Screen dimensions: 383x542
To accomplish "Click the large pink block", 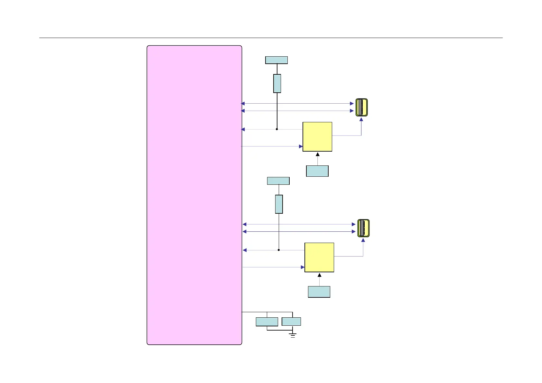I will (194, 195).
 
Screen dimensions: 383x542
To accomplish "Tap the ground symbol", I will (293, 335).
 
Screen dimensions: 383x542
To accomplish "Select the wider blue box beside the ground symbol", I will (267, 322).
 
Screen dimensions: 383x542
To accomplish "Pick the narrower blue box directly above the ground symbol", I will (291, 321).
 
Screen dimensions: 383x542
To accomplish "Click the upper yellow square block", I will (317, 136).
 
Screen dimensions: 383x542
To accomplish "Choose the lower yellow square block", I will (319, 257).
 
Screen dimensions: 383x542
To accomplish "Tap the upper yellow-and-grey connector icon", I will (361, 107).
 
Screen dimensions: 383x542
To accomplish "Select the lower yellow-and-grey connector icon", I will (363, 228).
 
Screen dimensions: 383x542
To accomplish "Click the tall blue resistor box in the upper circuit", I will (277, 83).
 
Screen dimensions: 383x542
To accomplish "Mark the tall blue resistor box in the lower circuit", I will (279, 204).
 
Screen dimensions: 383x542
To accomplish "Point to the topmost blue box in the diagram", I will (276, 60).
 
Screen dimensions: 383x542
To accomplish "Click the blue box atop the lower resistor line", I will (278, 181).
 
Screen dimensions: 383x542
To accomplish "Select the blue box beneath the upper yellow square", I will (317, 171).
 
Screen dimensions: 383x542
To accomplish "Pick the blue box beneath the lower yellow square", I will (319, 292).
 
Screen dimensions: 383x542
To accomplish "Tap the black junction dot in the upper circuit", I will (277, 129).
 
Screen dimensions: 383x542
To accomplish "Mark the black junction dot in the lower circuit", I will (279, 250).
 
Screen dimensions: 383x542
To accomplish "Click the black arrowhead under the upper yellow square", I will (318, 154).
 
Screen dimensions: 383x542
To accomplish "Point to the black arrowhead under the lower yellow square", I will (320, 275).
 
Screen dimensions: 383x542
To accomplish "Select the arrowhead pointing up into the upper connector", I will (361, 119).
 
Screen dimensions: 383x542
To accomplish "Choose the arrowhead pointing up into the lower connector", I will (363, 240).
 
